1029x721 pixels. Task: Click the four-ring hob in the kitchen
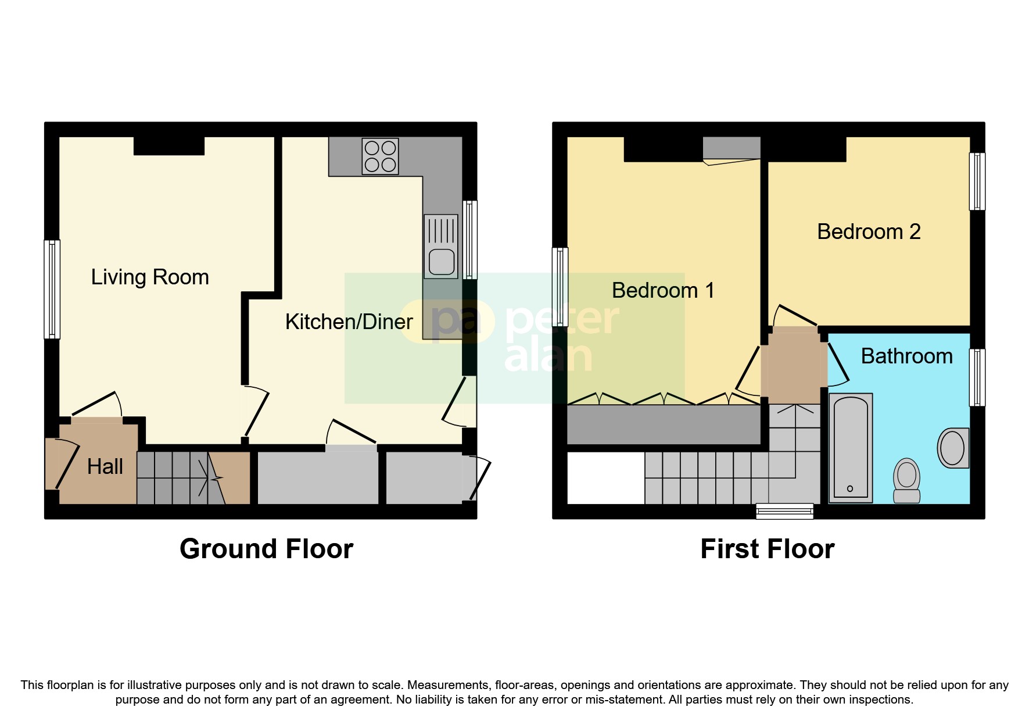coord(380,156)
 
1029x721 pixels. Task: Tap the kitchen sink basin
coord(442,262)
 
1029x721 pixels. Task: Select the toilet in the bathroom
coord(906,480)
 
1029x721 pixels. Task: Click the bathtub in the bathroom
coord(850,448)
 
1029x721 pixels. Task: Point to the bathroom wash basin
coord(953,448)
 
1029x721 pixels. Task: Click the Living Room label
coord(150,277)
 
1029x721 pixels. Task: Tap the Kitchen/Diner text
coord(349,322)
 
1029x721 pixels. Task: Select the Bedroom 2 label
coord(869,231)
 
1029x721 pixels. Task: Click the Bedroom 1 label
coord(663,290)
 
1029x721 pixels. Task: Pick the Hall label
coord(105,466)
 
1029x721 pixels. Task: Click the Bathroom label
coord(906,356)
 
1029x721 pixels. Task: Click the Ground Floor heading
coord(266,549)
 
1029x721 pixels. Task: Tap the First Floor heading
coord(767,549)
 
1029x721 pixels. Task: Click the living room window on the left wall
coord(52,289)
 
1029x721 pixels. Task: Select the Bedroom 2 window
coord(977,181)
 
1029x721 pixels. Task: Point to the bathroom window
coord(977,377)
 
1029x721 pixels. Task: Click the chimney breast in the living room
coord(169,145)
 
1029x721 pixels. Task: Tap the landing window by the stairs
coord(784,511)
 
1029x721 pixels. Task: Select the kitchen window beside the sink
coord(470,240)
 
